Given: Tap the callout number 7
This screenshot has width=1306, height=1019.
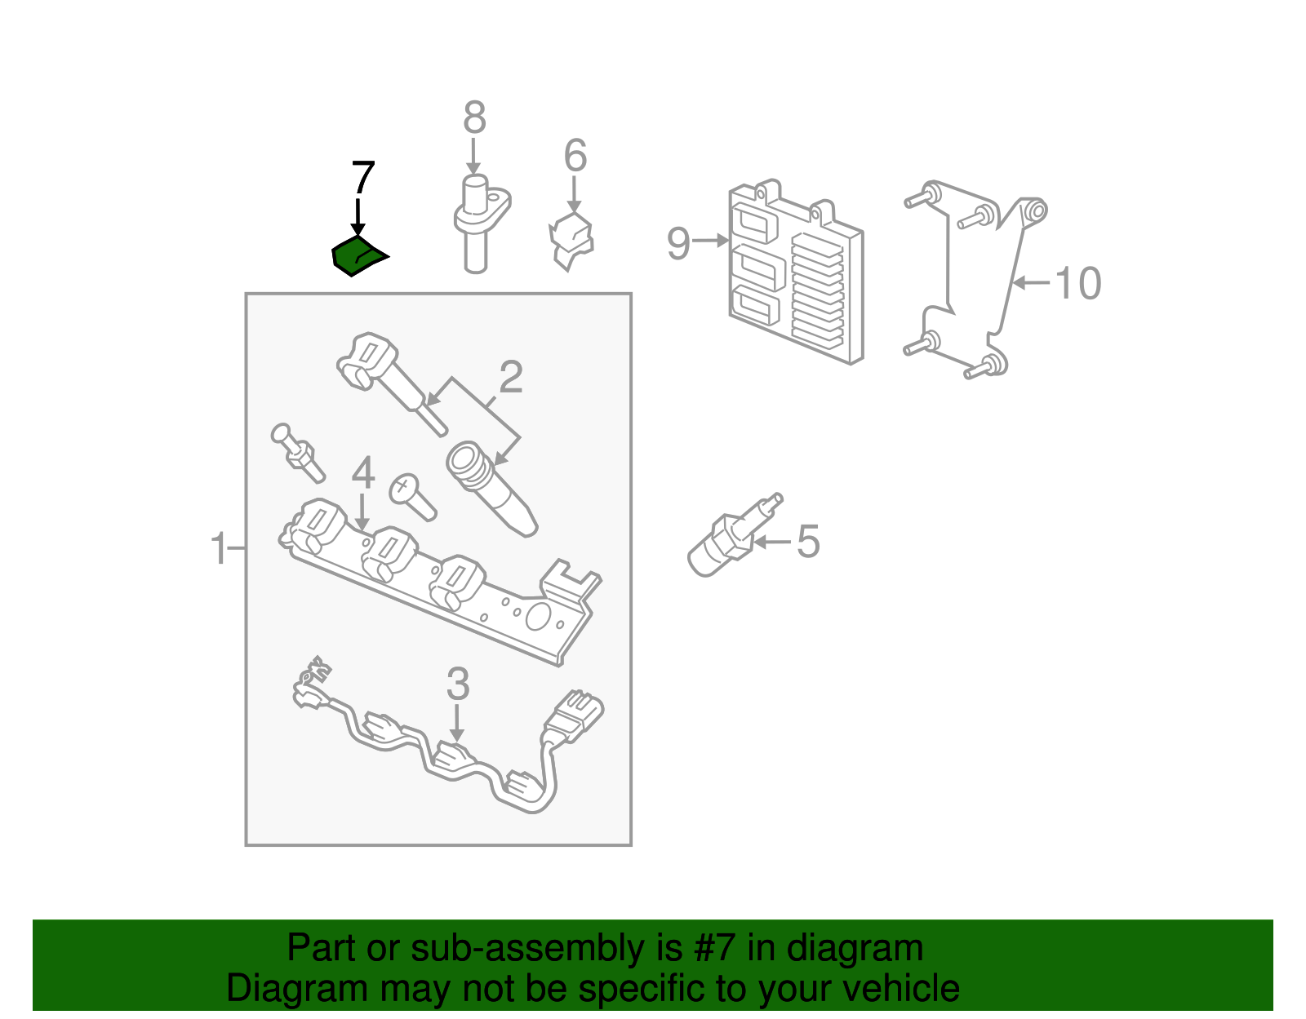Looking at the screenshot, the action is (x=363, y=178).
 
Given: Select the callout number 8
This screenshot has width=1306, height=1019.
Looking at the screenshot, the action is (x=474, y=117).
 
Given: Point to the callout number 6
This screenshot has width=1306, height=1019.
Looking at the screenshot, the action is (x=575, y=155).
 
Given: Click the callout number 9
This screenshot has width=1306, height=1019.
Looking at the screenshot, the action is (x=678, y=244).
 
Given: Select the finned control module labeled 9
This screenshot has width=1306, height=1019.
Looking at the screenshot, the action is (x=797, y=272).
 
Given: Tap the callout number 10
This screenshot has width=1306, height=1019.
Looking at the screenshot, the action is (x=1078, y=283).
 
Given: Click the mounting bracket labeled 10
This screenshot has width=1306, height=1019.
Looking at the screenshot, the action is (x=975, y=279).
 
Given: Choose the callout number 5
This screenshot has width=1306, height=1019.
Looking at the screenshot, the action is (x=808, y=541).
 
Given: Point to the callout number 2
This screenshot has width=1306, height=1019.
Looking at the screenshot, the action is (x=511, y=377).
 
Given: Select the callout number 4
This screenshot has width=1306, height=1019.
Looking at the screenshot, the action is (x=363, y=473).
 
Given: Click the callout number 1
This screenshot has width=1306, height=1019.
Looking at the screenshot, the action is (x=219, y=547).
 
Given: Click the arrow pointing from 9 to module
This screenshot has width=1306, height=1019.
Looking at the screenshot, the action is (x=710, y=241).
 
